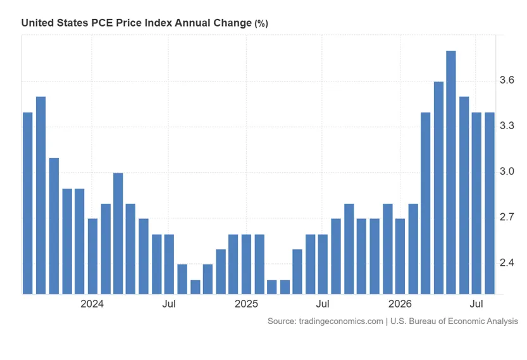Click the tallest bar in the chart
[x=451, y=173]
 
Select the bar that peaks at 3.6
[x=438, y=188]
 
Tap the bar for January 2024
[x=92, y=256]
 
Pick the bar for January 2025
[x=246, y=264]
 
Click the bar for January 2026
[x=400, y=256]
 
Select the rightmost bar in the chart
[x=490, y=203]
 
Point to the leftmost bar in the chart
[x=28, y=203]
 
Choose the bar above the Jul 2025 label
[x=323, y=264]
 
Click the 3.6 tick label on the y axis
[x=507, y=80]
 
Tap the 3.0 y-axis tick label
[x=507, y=171]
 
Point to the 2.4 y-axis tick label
[x=507, y=263]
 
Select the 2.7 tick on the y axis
[x=507, y=217]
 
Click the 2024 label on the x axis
[x=92, y=304]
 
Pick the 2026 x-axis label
[x=400, y=304]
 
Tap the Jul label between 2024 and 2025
[x=169, y=304]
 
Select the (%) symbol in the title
[x=261, y=23]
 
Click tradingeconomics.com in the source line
[x=341, y=321]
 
